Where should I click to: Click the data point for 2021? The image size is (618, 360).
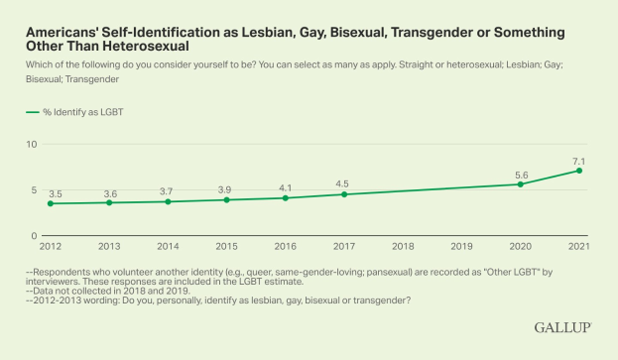click(579, 171)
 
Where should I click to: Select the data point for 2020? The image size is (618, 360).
click(521, 184)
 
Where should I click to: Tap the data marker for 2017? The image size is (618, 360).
click(344, 194)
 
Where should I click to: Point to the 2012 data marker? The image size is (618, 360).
click(51, 203)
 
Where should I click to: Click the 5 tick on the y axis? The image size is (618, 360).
click(35, 190)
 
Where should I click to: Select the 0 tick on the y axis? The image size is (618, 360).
click(35, 236)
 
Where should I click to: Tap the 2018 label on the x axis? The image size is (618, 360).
click(403, 246)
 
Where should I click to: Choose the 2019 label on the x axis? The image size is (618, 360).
click(462, 246)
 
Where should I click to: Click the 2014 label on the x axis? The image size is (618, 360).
click(168, 246)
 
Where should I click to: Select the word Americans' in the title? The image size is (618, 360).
click(62, 31)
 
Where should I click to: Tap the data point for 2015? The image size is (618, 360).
click(227, 200)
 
